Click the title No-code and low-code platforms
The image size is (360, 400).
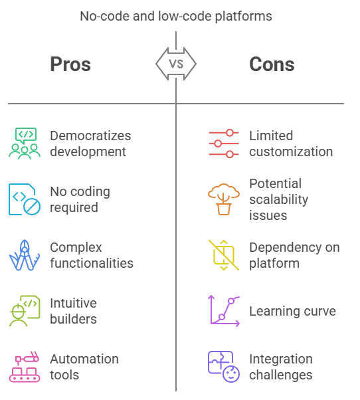pyautogui.click(x=176, y=17)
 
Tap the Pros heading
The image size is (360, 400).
pyautogui.click(x=70, y=64)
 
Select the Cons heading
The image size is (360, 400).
pyautogui.click(x=272, y=64)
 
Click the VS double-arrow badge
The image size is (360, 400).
pyautogui.click(x=176, y=64)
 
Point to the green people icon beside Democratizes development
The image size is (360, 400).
pyautogui.click(x=25, y=144)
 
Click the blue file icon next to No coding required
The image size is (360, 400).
pyautogui.click(x=25, y=199)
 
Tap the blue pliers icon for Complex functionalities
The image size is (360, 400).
pyautogui.click(x=25, y=255)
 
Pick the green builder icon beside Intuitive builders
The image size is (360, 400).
pyautogui.click(x=25, y=311)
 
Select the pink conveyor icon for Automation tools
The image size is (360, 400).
pyautogui.click(x=25, y=367)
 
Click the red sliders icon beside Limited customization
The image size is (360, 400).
pyautogui.click(x=224, y=144)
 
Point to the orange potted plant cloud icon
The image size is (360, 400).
pyautogui.click(x=224, y=199)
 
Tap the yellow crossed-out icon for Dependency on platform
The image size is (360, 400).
pyautogui.click(x=224, y=255)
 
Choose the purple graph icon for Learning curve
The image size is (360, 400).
pyautogui.click(x=224, y=311)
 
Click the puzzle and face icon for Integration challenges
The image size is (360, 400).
pyautogui.click(x=224, y=367)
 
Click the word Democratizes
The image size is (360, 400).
pyautogui.click(x=90, y=136)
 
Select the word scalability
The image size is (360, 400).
pyautogui.click(x=279, y=200)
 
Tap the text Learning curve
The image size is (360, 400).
pyautogui.click(x=292, y=311)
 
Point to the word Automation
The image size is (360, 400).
pyautogui.click(x=84, y=359)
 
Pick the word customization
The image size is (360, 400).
pyautogui.click(x=291, y=151)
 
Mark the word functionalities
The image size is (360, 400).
pyautogui.click(x=92, y=263)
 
